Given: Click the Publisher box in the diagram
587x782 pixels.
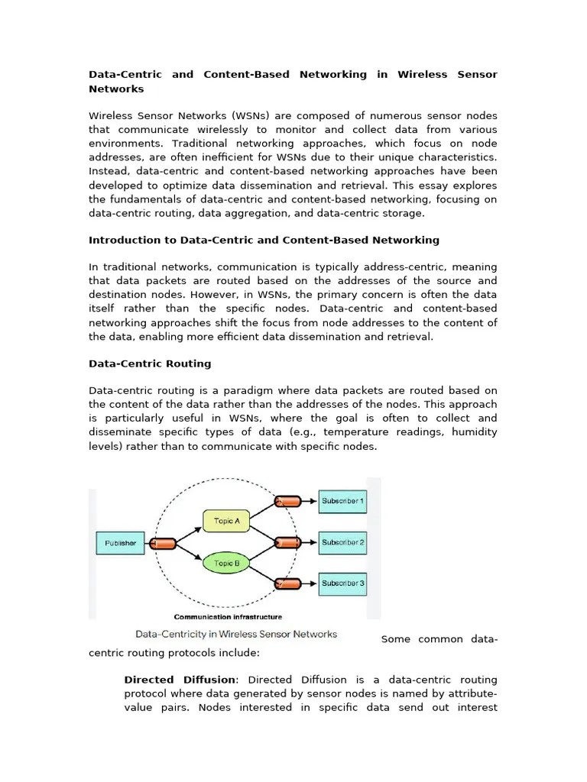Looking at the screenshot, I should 120,543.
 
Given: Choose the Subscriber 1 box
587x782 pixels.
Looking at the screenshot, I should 342,502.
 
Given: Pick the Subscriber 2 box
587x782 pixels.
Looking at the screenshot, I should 342,542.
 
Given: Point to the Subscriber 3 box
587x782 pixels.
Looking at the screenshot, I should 342,583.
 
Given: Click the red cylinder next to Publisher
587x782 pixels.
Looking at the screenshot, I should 163,544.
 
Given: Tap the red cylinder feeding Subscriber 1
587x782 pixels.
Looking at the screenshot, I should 288,502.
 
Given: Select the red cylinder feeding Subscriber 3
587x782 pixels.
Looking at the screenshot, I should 288,584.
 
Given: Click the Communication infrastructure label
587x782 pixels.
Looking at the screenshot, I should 228,617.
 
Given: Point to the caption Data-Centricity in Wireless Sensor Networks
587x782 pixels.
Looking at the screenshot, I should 236,634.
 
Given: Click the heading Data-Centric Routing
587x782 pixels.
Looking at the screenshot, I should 150,364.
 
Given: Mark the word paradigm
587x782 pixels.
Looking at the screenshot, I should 277,390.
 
